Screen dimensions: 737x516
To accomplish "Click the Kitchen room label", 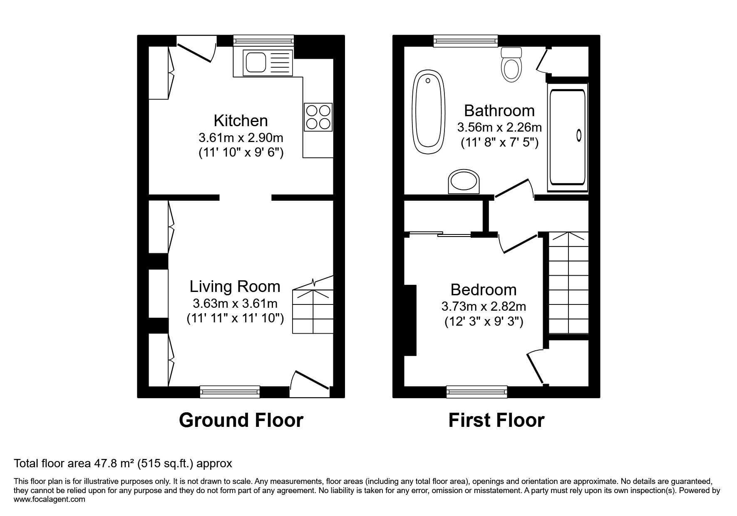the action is [x=241, y=121].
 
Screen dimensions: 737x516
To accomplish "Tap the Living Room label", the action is [x=235, y=287].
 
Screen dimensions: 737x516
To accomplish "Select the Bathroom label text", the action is [x=499, y=111].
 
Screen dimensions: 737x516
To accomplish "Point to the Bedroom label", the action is [x=483, y=290].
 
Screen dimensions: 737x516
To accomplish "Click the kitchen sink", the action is [x=263, y=62].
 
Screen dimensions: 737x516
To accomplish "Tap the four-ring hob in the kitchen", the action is [x=318, y=116].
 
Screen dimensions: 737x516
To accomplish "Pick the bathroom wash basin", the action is [x=464, y=182].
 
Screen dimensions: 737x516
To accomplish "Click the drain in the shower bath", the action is [x=579, y=135].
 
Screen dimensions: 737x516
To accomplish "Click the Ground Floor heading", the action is [x=241, y=420].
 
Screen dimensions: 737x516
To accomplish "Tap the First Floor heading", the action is [x=496, y=420].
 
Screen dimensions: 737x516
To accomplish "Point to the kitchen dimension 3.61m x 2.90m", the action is [x=241, y=137].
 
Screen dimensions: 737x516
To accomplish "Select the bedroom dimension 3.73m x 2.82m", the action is [x=484, y=307].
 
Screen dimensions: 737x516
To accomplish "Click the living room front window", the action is [x=230, y=391].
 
